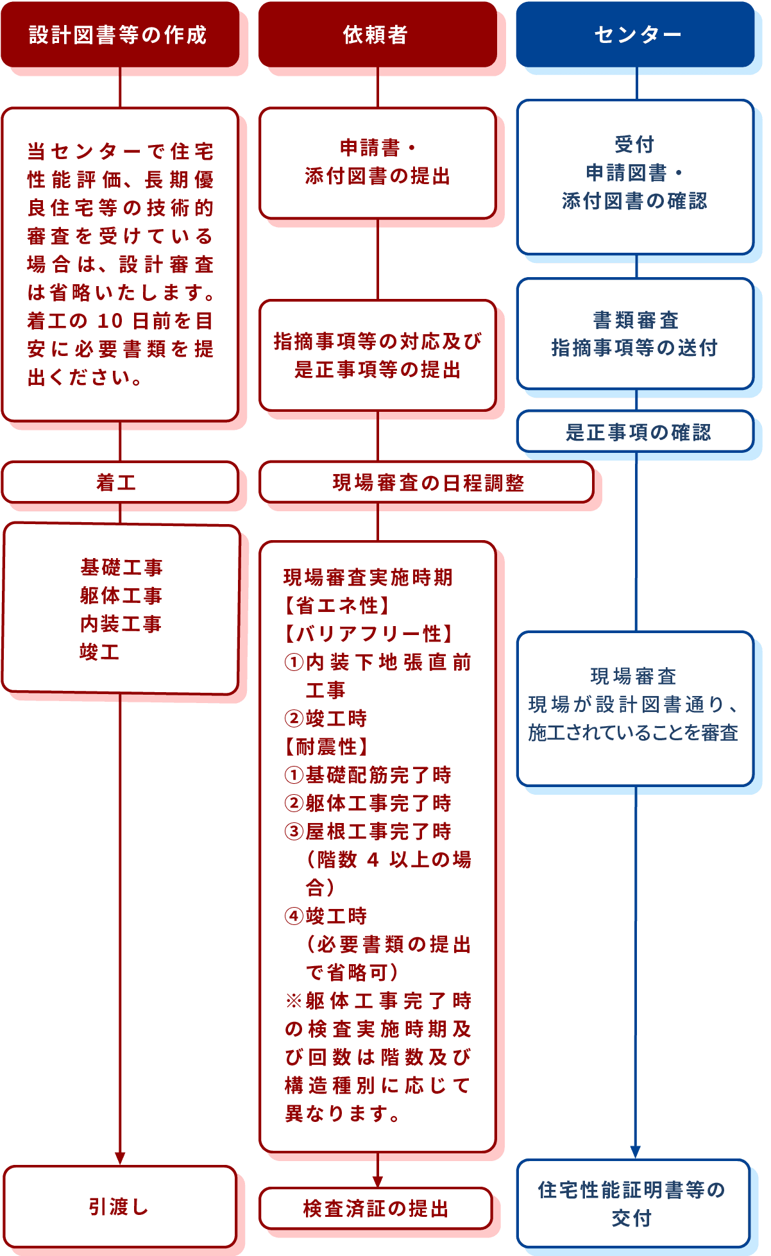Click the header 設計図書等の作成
pyautogui.click(x=119, y=35)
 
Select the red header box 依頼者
pyautogui.click(x=377, y=35)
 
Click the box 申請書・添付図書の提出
pyautogui.click(x=377, y=162)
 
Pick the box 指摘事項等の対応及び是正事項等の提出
pyautogui.click(x=377, y=355)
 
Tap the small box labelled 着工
pyautogui.click(x=119, y=482)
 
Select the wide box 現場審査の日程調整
pyautogui.click(x=427, y=482)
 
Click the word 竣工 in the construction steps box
pyautogui.click(x=99, y=652)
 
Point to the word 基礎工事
pyautogui.click(x=121, y=567)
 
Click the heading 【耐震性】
pyautogui.click(x=326, y=747)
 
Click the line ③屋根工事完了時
pyautogui.click(x=368, y=831)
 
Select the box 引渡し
pyautogui.click(x=119, y=1207)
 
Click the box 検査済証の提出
pyautogui.click(x=376, y=1209)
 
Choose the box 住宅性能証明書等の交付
pyautogui.click(x=633, y=1203)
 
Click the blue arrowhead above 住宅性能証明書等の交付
pyautogui.click(x=636, y=1151)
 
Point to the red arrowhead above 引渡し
pyautogui.click(x=120, y=1157)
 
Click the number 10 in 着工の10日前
pyautogui.click(x=110, y=321)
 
